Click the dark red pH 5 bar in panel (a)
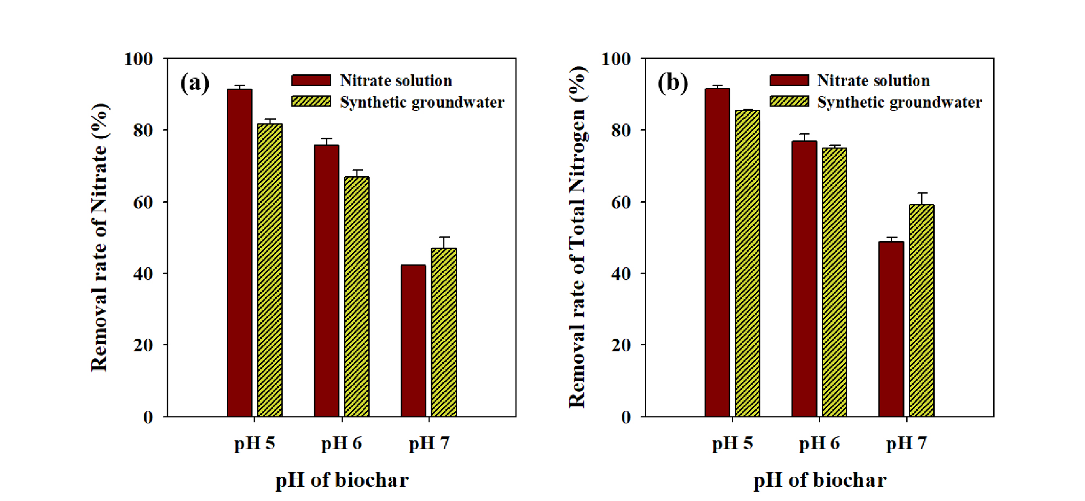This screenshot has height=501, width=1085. point(239,253)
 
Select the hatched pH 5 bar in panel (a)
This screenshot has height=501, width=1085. point(270,270)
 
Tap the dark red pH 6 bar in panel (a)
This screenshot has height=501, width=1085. point(326,281)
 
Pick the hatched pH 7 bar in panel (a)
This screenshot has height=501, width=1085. point(444,332)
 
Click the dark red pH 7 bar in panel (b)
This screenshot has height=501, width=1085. point(891,329)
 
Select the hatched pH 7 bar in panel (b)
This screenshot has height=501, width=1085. point(922,310)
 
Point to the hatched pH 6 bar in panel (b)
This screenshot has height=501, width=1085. point(835,282)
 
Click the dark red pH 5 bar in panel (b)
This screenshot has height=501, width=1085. point(717,252)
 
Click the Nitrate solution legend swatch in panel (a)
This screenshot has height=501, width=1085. point(311,80)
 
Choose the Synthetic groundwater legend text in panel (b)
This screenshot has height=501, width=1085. point(899,102)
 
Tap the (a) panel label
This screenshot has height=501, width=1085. point(195,83)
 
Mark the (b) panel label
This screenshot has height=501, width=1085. point(672,83)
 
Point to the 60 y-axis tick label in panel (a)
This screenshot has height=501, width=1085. point(143,202)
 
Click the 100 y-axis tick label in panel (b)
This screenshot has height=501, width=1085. point(616,58)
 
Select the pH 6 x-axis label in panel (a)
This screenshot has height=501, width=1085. point(342,443)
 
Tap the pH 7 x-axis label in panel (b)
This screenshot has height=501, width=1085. point(906,443)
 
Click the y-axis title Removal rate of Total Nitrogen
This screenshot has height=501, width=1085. point(578,237)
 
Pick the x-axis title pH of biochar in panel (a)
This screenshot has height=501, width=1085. point(342,480)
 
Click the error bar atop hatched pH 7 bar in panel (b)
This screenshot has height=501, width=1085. point(922,199)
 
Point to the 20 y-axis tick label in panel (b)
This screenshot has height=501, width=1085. point(621,345)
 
